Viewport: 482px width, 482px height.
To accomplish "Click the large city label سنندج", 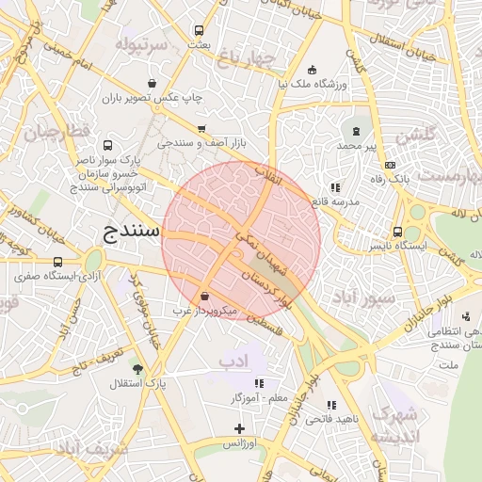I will coord(131,231).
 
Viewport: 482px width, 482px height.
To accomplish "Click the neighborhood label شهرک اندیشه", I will coord(394,426).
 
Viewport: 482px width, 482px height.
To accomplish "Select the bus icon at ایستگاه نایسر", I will coord(398,232).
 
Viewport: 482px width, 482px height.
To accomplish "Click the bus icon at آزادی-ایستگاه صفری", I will coord(58,262).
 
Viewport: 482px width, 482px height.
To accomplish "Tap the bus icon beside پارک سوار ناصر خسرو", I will coord(107,146).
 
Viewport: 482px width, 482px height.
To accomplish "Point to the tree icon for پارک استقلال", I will coord(139,368).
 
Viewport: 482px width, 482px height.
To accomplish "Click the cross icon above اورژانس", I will coord(241,429).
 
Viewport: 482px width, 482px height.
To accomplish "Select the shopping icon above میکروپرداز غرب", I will coord(205,296).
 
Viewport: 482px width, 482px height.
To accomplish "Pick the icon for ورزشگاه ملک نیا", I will coord(313,69).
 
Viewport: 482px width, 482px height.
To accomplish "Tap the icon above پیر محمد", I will coord(356,130).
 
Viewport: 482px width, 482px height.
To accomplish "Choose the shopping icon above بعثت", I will coord(198,30).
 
